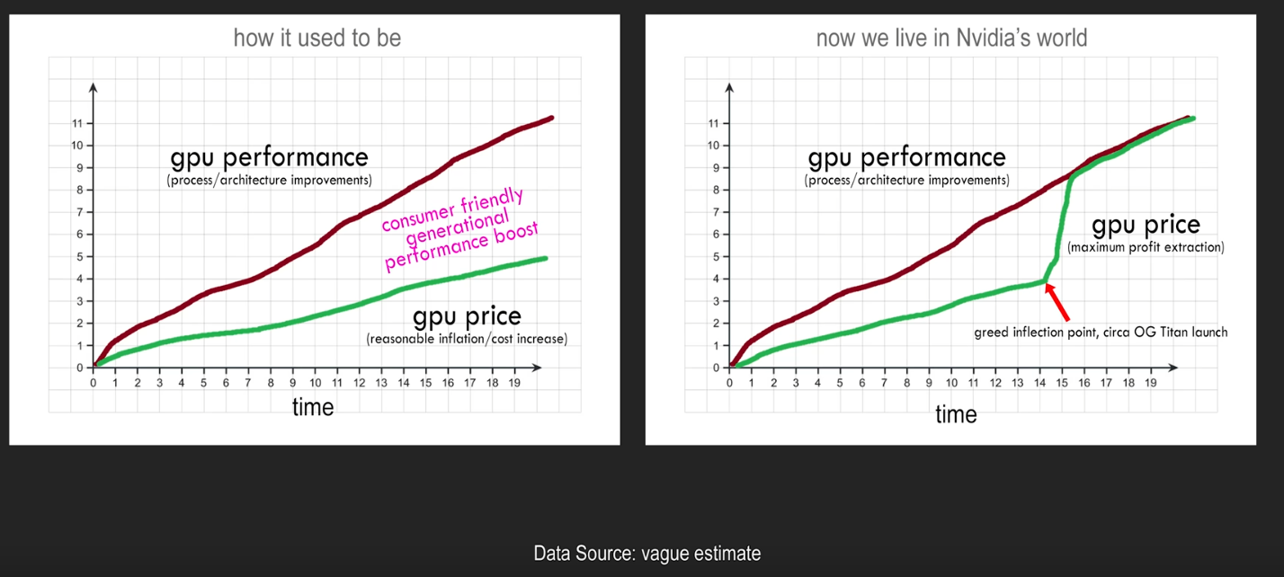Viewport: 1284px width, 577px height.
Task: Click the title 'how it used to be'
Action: coord(317,39)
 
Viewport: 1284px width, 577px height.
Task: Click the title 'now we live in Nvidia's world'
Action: coord(951,39)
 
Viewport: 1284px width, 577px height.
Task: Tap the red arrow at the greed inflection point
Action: coord(1057,301)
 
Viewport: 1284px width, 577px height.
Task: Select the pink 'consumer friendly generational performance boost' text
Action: coord(459,229)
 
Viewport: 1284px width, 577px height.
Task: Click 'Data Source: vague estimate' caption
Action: coord(647,554)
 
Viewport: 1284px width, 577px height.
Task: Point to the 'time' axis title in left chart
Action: coord(313,407)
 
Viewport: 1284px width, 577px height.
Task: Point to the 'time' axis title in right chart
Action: coord(956,414)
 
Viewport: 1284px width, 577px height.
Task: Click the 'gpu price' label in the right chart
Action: coord(1146,225)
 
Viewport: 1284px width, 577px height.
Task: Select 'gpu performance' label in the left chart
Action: coord(270,158)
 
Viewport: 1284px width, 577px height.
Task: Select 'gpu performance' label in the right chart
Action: coord(907,158)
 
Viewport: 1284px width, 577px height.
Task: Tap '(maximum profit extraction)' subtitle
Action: coord(1146,247)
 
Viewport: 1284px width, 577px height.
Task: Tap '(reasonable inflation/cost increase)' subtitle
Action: coord(468,339)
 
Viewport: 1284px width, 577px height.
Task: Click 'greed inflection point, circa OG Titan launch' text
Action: coord(1101,333)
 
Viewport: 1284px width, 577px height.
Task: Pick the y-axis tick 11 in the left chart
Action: coord(77,124)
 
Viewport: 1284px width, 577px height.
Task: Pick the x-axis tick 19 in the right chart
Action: coord(1150,383)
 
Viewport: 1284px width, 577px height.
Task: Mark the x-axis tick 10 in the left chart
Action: coord(316,383)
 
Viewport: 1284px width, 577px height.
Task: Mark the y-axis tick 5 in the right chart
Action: coord(715,257)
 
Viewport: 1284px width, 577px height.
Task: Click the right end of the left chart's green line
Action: coord(545,259)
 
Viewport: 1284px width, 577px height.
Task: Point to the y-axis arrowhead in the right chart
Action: coord(729,88)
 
